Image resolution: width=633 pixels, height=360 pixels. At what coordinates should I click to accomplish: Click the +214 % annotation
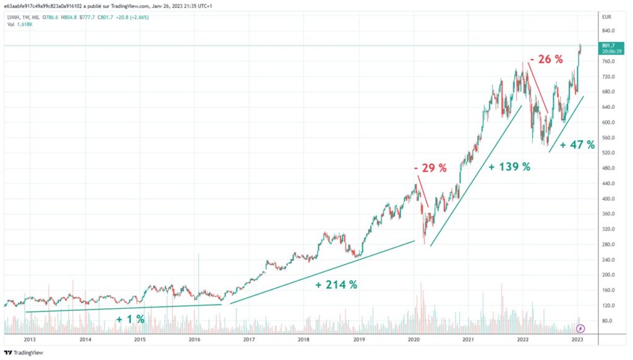(336, 285)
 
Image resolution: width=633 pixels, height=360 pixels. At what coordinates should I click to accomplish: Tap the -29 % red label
(430, 168)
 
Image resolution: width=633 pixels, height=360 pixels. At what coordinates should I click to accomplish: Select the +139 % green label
(509, 167)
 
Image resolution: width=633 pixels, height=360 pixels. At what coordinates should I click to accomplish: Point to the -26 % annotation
(546, 60)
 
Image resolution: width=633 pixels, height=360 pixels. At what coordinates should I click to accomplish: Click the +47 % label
(577, 145)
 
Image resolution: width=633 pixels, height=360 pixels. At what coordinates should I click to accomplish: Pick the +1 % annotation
(130, 319)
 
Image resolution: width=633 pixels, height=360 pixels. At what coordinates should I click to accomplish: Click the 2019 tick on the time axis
(359, 340)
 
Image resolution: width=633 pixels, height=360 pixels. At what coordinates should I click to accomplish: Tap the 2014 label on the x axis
(85, 340)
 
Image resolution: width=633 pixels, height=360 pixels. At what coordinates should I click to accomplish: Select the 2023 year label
(577, 340)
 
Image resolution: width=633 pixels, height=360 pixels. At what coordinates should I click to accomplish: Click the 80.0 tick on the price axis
(608, 320)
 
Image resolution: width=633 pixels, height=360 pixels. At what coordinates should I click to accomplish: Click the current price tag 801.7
(609, 45)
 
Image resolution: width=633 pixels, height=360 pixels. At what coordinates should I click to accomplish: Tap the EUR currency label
(608, 17)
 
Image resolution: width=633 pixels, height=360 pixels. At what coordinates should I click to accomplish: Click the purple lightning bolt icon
(580, 327)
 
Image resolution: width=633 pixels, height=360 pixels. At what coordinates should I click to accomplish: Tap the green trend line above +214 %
(321, 272)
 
